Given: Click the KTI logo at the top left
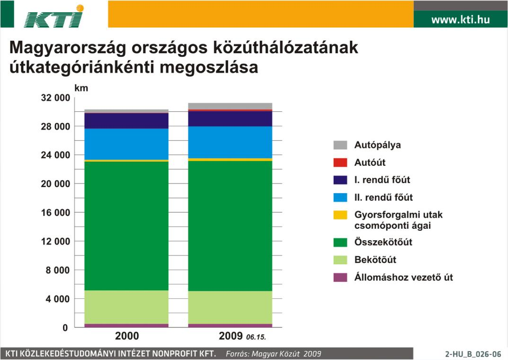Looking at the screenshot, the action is [x=54, y=16].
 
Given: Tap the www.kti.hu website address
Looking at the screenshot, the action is [x=460, y=19].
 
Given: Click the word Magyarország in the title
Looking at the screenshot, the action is [x=68, y=48].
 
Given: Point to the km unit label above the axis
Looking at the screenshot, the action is [x=81, y=88].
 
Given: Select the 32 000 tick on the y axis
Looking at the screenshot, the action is [x=55, y=98].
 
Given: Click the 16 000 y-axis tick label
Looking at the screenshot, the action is [x=55, y=213].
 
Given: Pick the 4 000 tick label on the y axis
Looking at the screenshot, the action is [x=58, y=299].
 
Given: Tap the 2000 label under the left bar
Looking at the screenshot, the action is [x=127, y=336].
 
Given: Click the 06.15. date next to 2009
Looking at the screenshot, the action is [x=256, y=337].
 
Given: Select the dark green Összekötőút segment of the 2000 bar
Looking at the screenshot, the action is [x=126, y=226].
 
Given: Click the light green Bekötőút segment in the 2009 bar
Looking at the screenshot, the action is [x=230, y=307].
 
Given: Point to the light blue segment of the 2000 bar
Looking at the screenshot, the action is [x=126, y=144].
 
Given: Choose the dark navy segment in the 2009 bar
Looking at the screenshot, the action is [x=230, y=118].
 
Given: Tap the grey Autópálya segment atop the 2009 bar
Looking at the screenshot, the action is [x=230, y=106].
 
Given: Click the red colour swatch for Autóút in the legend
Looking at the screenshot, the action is [x=340, y=162].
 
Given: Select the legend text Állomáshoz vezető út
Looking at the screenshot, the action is [x=403, y=278].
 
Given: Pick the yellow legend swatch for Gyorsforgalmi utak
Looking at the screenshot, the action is [x=340, y=215].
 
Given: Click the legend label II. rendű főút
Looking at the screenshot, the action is [x=383, y=198].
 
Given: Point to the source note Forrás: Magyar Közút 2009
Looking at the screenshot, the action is [x=274, y=354].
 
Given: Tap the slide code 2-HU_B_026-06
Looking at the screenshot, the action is [x=473, y=354].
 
